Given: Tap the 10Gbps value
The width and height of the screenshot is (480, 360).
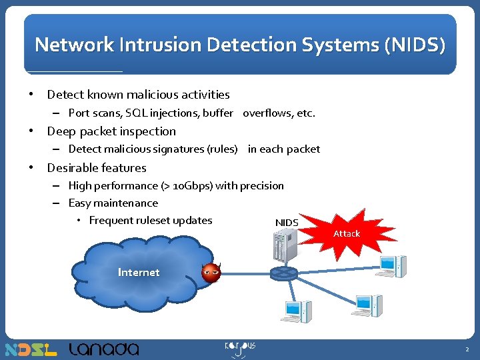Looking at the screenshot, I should tap(193, 185).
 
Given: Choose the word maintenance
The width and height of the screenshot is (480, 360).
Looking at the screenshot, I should tap(126, 203).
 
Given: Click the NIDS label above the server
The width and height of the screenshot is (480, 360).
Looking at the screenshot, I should tap(287, 222).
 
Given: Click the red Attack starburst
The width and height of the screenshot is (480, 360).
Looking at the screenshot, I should tap(346, 233).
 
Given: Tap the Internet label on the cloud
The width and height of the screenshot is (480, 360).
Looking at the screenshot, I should tap(139, 272).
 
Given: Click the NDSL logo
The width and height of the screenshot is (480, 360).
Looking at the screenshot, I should tap(31, 349).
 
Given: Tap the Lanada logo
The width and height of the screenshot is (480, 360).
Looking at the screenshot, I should tap(104, 349).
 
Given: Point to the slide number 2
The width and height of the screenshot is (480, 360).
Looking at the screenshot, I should tap(467, 349).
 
